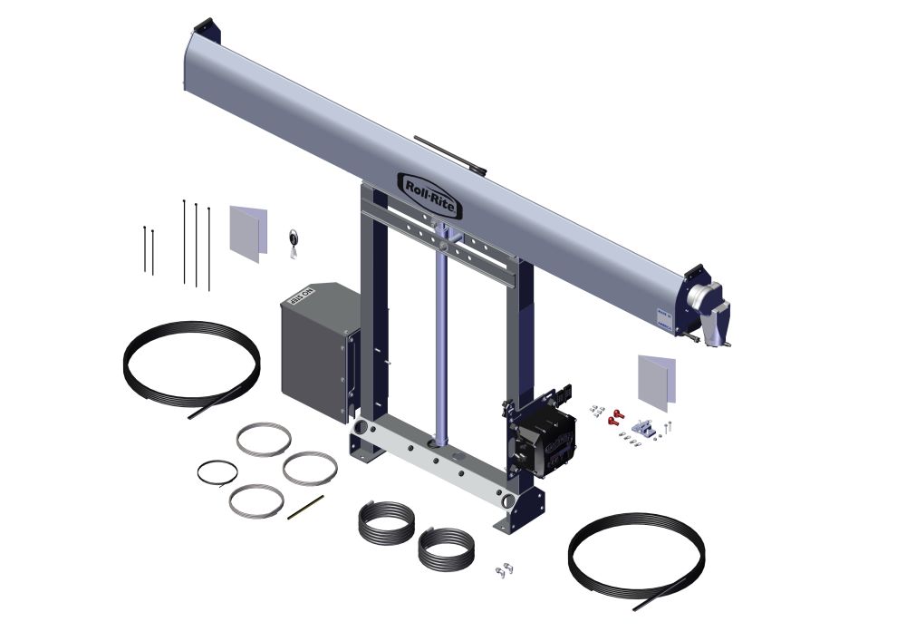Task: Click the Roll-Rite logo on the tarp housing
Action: coord(430,194)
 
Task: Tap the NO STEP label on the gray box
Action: coord(300,298)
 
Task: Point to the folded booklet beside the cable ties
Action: coord(248,232)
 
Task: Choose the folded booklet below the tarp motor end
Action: coord(657,380)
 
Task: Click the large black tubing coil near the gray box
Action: coord(191,364)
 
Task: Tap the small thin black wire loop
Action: coord(217,472)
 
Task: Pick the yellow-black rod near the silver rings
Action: coord(306,507)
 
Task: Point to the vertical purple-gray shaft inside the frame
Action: coord(439,345)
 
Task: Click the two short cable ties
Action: coord(148,249)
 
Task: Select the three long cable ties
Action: coord(196,243)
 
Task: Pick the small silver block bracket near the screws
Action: coord(642,425)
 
